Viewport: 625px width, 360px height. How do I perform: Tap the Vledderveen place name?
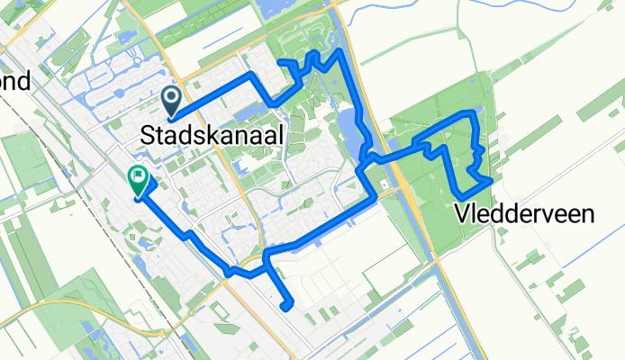523,214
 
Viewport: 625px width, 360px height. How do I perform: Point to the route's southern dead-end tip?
286,307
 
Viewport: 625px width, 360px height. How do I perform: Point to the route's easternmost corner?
489,181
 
